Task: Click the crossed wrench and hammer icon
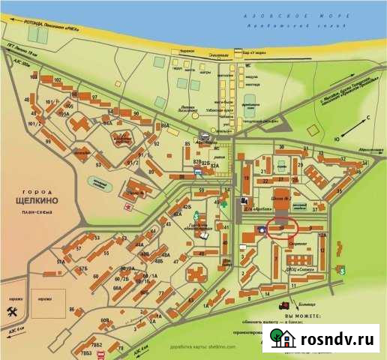click(12, 311)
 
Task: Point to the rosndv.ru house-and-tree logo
click(283, 340)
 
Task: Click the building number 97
click(95, 97)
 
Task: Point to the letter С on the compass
click(368, 118)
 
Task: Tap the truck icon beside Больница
click(285, 305)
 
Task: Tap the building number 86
click(72, 309)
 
